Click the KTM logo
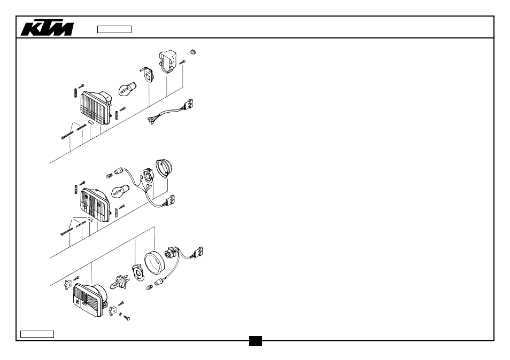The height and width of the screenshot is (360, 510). pyautogui.click(x=47, y=28)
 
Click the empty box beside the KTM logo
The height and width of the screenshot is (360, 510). pyautogui.click(x=114, y=29)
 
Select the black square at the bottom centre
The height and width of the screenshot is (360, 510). pyautogui.click(x=256, y=341)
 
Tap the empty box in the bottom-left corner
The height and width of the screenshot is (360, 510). pyautogui.click(x=37, y=334)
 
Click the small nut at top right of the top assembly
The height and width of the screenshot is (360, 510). pyautogui.click(x=193, y=52)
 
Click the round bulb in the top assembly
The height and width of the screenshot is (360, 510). pyautogui.click(x=127, y=89)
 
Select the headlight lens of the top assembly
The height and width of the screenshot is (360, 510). pyautogui.click(x=96, y=107)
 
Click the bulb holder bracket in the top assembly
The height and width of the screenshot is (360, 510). pyautogui.click(x=148, y=74)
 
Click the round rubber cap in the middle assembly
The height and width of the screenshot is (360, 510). pyautogui.click(x=164, y=168)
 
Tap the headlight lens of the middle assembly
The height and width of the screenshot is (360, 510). pyautogui.click(x=95, y=205)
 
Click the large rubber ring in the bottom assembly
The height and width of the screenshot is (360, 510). pyautogui.click(x=154, y=263)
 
